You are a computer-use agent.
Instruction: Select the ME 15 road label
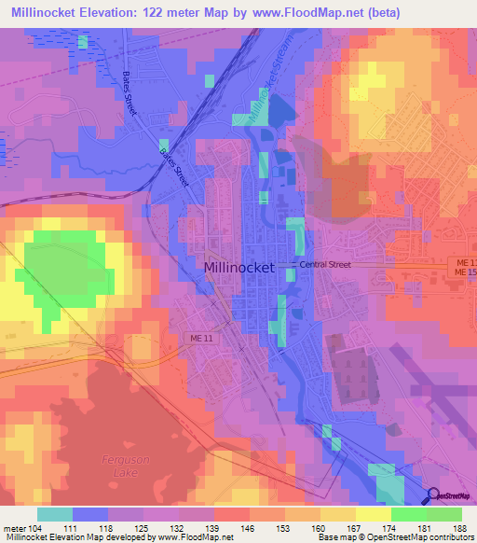pyautogui.click(x=465, y=271)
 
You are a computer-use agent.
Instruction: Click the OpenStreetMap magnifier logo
pyautogui.click(x=434, y=496)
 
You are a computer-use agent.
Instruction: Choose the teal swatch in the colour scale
pyautogui.click(x=54, y=514)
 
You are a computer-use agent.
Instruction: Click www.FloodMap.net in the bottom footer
pyautogui.click(x=195, y=538)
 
